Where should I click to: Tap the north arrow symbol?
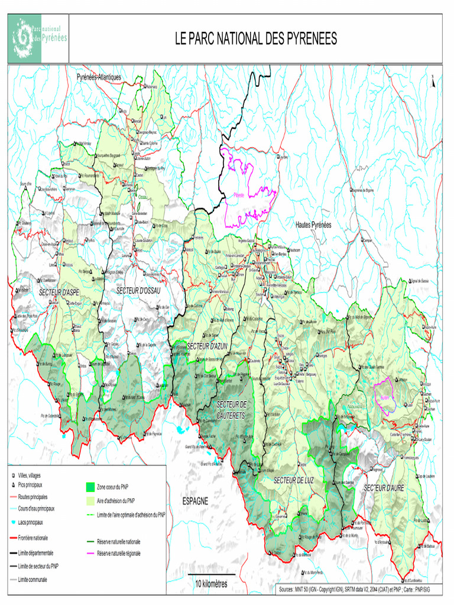click(433, 81)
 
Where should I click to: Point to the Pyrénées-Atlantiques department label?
click(99, 77)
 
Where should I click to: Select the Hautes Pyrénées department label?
click(313, 225)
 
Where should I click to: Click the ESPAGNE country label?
click(195, 501)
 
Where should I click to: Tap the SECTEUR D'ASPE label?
click(59, 292)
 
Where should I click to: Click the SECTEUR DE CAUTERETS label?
click(231, 409)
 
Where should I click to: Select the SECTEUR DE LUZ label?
click(293, 480)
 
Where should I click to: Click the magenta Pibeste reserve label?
click(239, 194)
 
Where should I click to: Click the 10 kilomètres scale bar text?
click(211, 583)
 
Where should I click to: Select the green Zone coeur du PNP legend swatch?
click(90, 487)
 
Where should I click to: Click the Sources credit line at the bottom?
click(358, 590)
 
